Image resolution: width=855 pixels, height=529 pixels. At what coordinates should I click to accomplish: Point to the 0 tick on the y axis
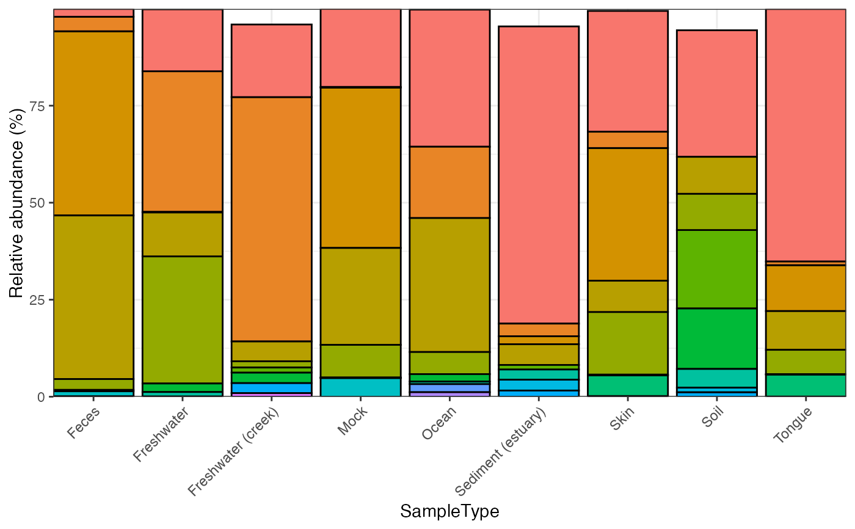point(42,396)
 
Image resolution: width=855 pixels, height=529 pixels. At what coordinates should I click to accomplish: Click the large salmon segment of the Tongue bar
point(806,134)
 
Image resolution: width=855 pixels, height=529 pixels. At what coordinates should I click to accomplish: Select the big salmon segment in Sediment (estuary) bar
point(539,175)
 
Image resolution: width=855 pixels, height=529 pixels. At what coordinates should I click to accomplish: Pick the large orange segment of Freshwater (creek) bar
point(272,219)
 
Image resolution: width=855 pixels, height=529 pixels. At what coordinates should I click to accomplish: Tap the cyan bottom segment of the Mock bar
point(361,387)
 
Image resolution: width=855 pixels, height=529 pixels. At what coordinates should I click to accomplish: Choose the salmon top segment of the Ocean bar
point(449,78)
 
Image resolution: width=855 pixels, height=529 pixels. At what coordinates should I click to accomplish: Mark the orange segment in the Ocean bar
point(449,182)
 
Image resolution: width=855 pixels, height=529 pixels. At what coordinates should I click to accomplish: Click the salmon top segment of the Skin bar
point(628,71)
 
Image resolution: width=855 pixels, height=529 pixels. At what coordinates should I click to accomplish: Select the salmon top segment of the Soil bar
point(717,93)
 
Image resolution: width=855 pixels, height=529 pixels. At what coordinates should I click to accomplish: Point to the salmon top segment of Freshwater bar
point(183,40)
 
